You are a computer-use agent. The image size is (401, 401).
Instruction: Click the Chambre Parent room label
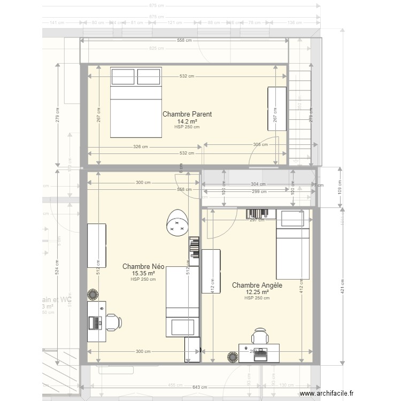coord(187,114)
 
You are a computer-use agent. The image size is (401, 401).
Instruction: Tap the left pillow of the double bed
coord(124,76)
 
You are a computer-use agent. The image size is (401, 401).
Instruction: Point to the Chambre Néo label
coord(143,266)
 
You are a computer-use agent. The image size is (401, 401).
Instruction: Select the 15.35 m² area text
coord(143,273)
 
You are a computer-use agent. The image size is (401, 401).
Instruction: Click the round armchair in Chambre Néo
coord(176,222)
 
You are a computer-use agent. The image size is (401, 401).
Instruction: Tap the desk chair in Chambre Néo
coord(114,322)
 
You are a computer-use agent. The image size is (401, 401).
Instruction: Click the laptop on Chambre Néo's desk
coord(96,322)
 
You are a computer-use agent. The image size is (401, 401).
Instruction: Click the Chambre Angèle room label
coord(257,286)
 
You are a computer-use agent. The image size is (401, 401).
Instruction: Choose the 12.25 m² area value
coord(257,292)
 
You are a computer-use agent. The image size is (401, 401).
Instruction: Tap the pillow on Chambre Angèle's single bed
coord(292,218)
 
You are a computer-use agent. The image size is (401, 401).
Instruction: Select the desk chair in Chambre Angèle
coord(260,336)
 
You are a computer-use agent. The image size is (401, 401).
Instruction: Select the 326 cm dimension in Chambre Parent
coord(142,146)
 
